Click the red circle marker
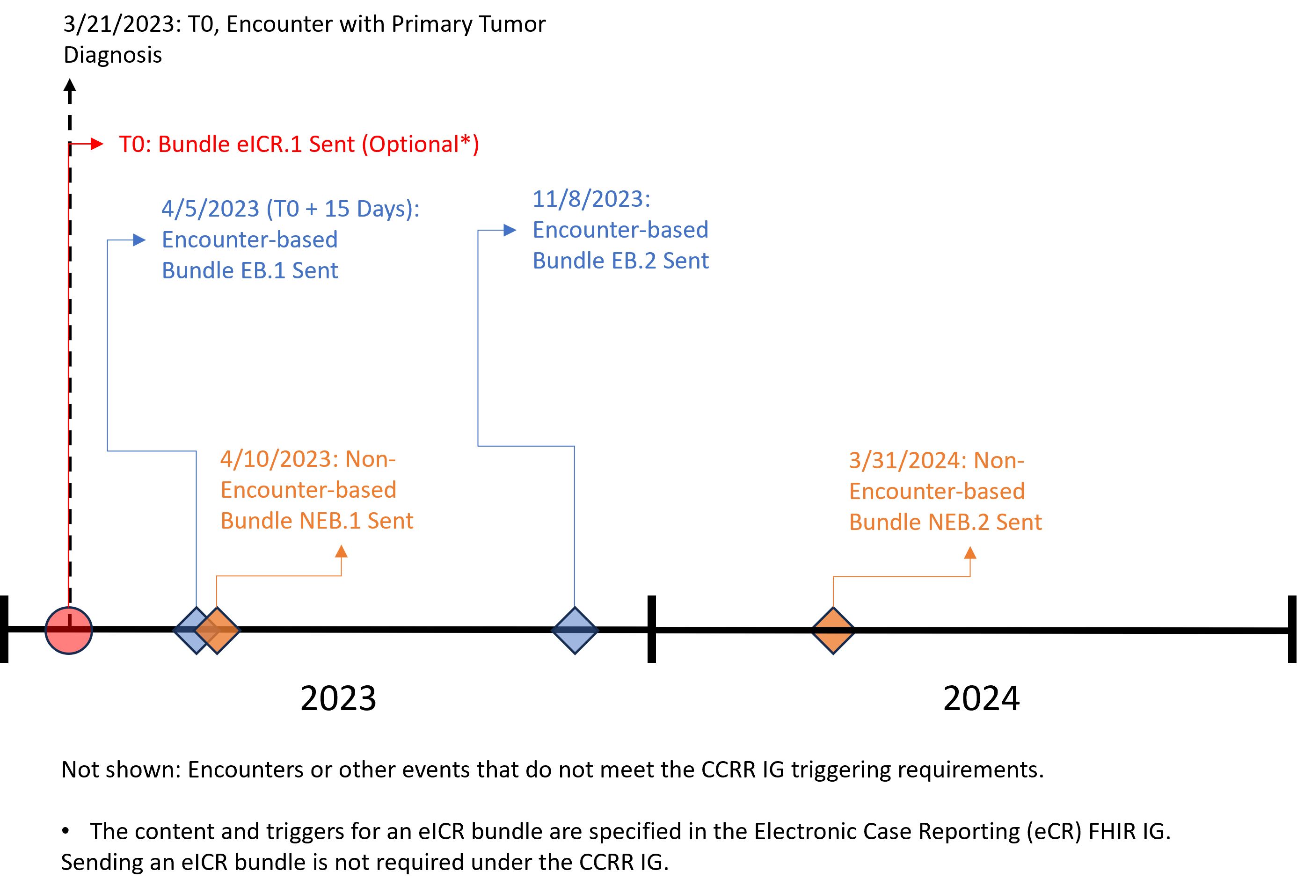68,630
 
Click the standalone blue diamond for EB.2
575,630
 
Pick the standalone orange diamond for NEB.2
833,630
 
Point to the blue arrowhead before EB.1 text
139,240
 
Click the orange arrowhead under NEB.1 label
341,552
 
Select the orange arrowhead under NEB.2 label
970,553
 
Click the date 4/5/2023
211,209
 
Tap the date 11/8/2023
591,199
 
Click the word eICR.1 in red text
270,145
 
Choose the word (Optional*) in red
421,145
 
